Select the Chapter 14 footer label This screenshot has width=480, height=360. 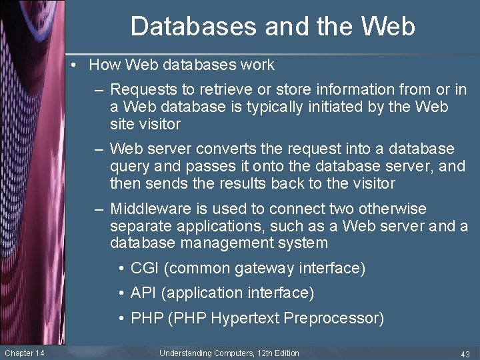click(x=24, y=353)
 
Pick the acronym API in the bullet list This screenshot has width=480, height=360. click(x=143, y=293)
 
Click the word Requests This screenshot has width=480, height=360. click(x=141, y=89)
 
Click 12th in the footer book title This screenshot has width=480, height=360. click(x=262, y=353)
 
